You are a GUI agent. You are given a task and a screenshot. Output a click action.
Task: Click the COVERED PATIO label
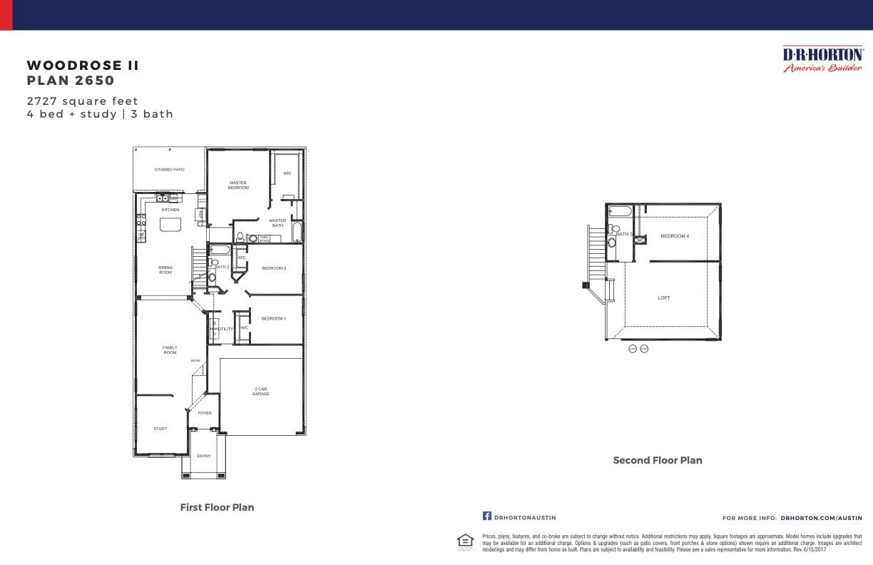point(169,170)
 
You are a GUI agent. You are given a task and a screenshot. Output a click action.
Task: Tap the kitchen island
point(170,225)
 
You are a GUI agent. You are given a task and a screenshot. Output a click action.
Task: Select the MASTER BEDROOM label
point(238,185)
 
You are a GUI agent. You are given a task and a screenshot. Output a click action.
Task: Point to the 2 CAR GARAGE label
point(260,392)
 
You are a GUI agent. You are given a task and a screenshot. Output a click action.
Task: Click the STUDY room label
point(160,429)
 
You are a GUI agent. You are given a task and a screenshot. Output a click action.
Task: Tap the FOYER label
point(205,413)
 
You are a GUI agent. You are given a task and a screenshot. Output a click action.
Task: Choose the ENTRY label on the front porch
point(204,456)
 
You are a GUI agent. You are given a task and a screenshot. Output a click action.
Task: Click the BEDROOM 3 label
point(273,318)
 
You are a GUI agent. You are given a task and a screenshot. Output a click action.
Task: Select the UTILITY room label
point(225,329)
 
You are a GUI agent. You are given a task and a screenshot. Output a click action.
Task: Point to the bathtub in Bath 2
point(220,250)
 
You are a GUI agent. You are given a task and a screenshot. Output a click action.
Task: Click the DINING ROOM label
point(165,270)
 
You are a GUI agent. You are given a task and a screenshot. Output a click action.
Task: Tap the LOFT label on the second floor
point(664,298)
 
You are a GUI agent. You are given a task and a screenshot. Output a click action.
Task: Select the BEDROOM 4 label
point(675,236)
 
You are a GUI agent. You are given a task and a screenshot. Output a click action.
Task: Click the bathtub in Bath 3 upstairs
point(620,211)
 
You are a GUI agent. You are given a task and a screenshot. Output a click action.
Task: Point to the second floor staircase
point(596,253)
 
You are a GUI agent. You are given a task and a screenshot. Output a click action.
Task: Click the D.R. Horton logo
point(822,59)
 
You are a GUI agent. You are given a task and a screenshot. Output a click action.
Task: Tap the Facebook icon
point(487,516)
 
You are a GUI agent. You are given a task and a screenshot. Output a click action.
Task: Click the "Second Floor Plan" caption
point(658,460)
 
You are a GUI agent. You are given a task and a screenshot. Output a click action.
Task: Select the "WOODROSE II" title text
point(83,66)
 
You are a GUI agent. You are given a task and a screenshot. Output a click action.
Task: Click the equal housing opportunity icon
point(465,541)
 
